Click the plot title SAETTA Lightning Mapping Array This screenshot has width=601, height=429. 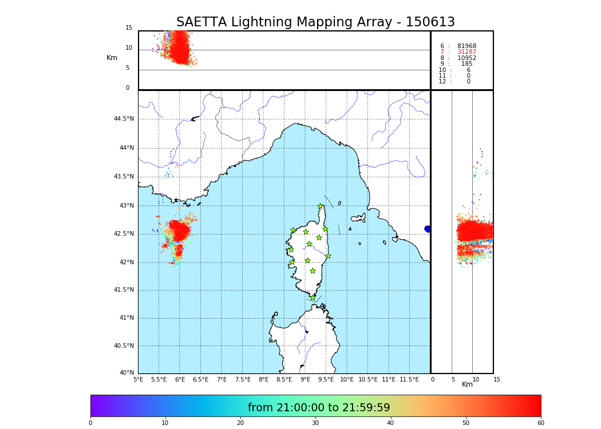click(x=315, y=22)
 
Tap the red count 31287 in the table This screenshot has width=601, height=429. click(x=466, y=52)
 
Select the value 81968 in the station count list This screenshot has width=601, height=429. click(x=466, y=46)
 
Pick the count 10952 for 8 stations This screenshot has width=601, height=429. click(x=466, y=58)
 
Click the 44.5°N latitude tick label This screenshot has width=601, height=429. click(x=124, y=119)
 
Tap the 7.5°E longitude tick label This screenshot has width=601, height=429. click(x=243, y=379)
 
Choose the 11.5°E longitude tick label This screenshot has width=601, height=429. click(x=409, y=379)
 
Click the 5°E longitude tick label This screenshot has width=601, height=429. click(x=139, y=379)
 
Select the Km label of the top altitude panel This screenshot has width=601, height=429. click(x=112, y=58)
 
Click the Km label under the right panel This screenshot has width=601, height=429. click(x=468, y=384)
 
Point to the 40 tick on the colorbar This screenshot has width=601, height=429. click(x=390, y=423)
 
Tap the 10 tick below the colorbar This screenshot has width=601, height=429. click(x=165, y=423)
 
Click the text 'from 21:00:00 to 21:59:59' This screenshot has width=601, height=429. click(x=319, y=408)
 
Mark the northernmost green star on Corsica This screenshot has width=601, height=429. click(x=321, y=206)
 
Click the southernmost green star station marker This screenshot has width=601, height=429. click(x=313, y=298)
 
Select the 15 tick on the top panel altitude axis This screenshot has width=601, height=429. click(x=129, y=28)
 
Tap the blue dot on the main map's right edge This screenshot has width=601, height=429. click(x=428, y=229)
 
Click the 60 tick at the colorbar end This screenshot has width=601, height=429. click(x=540, y=423)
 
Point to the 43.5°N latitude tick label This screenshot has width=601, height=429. click(x=124, y=177)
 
